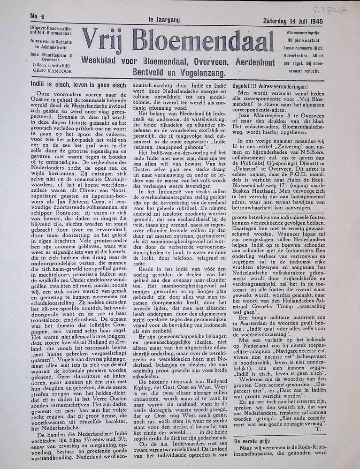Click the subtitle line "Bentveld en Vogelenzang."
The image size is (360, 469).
pos(179,73)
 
